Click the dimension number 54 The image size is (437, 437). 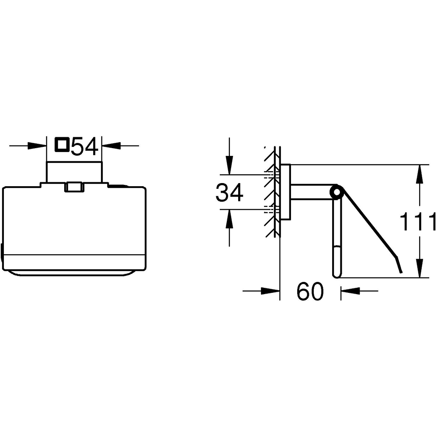[84, 146]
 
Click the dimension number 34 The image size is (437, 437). [229, 193]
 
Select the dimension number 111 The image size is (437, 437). [418, 222]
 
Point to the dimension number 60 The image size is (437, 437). [310, 291]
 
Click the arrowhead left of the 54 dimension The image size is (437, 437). [37, 146]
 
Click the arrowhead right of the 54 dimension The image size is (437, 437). [111, 146]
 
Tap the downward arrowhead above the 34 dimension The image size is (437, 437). [229, 165]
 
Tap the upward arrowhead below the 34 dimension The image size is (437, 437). [229, 218]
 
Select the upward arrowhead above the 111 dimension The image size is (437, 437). [420, 174]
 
